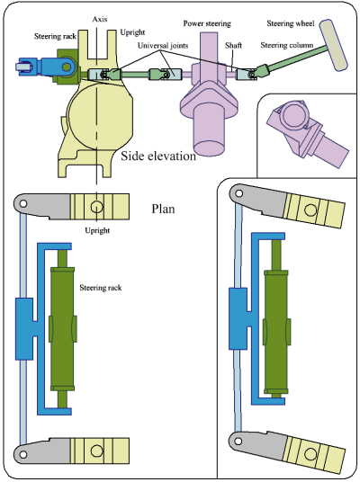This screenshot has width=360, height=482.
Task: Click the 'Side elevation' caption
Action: click(158, 156)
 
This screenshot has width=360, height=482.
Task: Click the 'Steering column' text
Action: click(286, 44)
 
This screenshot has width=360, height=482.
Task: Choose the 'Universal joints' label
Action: click(164, 44)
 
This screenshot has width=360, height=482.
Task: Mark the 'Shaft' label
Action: click(233, 44)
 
